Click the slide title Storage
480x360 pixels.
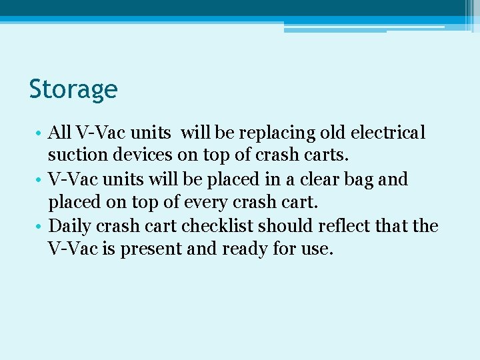point(73,89)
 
